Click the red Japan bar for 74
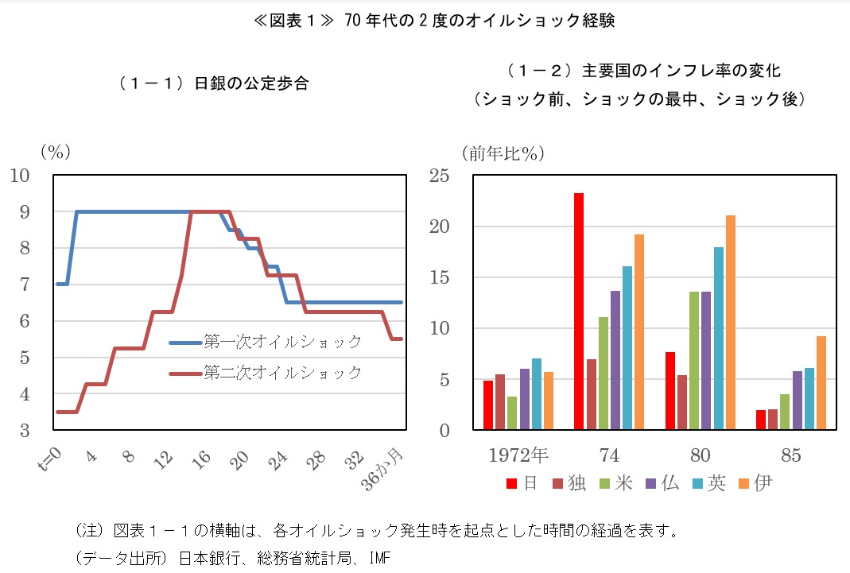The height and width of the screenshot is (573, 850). click(579, 312)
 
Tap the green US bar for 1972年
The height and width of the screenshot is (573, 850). click(512, 413)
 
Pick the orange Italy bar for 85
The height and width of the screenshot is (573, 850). click(821, 383)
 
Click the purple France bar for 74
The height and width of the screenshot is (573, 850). click(615, 360)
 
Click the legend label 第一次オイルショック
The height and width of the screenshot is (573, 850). click(282, 343)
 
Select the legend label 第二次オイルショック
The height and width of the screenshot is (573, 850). click(282, 372)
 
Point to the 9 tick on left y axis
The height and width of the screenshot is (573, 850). click(25, 212)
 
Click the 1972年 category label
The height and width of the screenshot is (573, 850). click(518, 455)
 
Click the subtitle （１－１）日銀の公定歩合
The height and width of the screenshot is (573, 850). click(212, 83)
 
